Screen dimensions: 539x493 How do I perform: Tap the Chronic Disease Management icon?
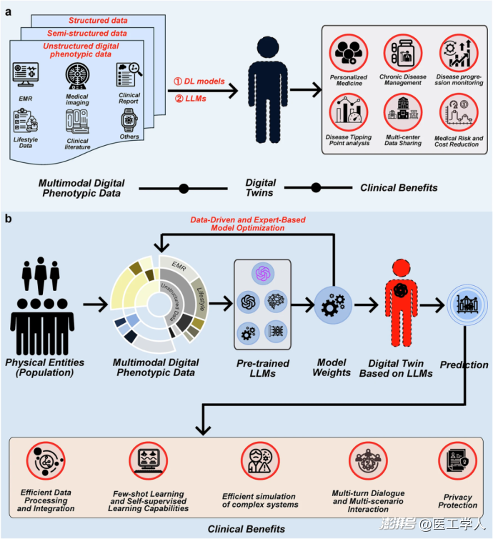point(403,54)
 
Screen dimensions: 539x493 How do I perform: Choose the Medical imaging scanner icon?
point(78,76)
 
